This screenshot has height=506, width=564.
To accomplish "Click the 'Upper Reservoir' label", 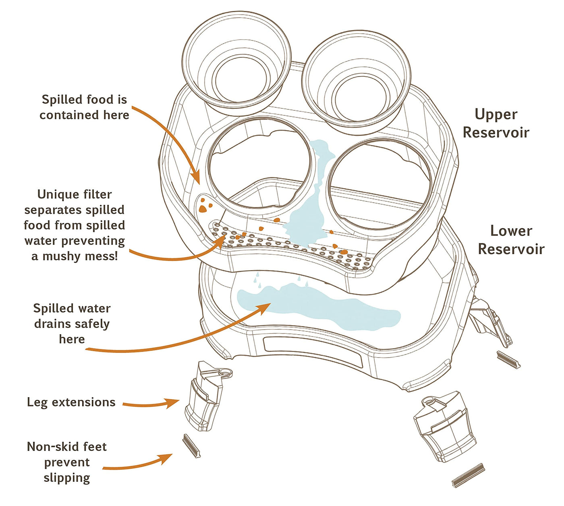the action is tap(496, 123).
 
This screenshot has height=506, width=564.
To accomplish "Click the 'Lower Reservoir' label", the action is tap(511, 239).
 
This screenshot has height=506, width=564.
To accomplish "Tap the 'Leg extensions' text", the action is tap(71, 402).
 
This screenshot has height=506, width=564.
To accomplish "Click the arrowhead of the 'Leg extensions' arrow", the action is tap(172, 402).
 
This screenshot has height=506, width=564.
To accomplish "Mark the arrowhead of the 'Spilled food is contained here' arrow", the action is tap(196, 177).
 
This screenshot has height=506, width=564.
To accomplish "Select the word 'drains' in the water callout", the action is tap(52, 324).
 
